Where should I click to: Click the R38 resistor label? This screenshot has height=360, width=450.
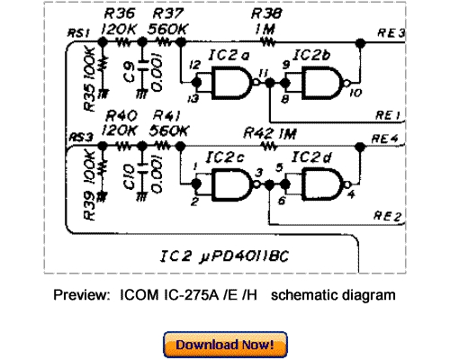[266, 14]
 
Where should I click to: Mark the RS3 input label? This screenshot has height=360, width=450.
[81, 136]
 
